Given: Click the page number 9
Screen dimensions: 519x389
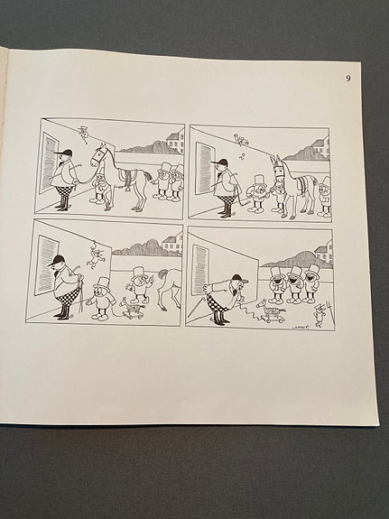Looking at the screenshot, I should pos(347,79).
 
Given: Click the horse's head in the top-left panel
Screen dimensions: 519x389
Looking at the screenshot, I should pos(98,154).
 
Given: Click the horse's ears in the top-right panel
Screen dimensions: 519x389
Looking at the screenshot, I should pos(280,159).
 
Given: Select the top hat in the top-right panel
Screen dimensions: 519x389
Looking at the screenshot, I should pos(258,180).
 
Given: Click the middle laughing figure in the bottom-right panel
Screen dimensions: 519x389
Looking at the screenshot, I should pos(294,280).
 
